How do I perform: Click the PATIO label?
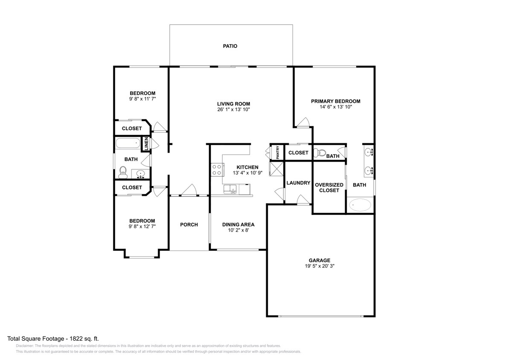pos(230,46)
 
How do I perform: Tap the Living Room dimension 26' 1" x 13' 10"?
pos(233,110)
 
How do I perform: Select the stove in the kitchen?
pos(217,170)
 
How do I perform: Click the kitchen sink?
pos(233,189)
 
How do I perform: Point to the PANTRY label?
pos(277,152)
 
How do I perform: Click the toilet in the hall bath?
pos(123,172)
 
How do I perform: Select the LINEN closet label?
pos(146,143)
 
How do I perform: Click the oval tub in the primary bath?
pos(361,205)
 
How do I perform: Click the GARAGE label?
pos(320,260)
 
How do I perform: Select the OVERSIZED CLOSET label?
pos(329,187)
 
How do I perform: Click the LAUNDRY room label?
pos(298,183)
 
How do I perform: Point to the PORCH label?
pos(189,225)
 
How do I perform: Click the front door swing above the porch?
pos(189,190)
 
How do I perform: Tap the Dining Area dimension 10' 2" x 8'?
pos(238,230)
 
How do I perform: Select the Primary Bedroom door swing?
pos(304,122)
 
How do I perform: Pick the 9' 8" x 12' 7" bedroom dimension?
pos(142,226)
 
